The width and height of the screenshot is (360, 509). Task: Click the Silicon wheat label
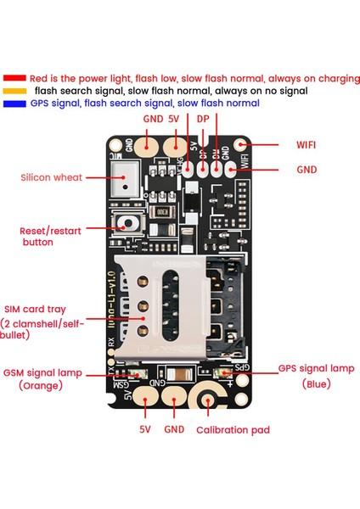[52, 178]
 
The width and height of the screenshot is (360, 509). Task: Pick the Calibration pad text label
[233, 430]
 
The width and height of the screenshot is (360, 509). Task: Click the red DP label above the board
[203, 120]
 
